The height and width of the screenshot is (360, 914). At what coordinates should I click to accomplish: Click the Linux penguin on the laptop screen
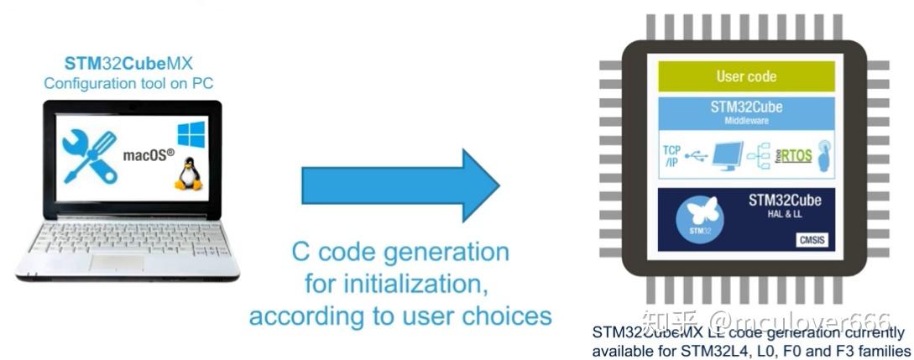(x=188, y=175)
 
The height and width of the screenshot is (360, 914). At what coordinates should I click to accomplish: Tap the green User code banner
(x=746, y=76)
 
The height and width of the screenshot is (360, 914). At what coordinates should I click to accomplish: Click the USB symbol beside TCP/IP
(x=697, y=157)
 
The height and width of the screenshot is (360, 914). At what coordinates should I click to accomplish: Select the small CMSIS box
(x=813, y=240)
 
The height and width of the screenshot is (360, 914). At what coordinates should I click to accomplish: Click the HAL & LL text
(x=785, y=216)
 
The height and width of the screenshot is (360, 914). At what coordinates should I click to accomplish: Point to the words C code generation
(x=400, y=252)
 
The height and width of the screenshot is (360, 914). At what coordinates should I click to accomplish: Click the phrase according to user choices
(x=400, y=316)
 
